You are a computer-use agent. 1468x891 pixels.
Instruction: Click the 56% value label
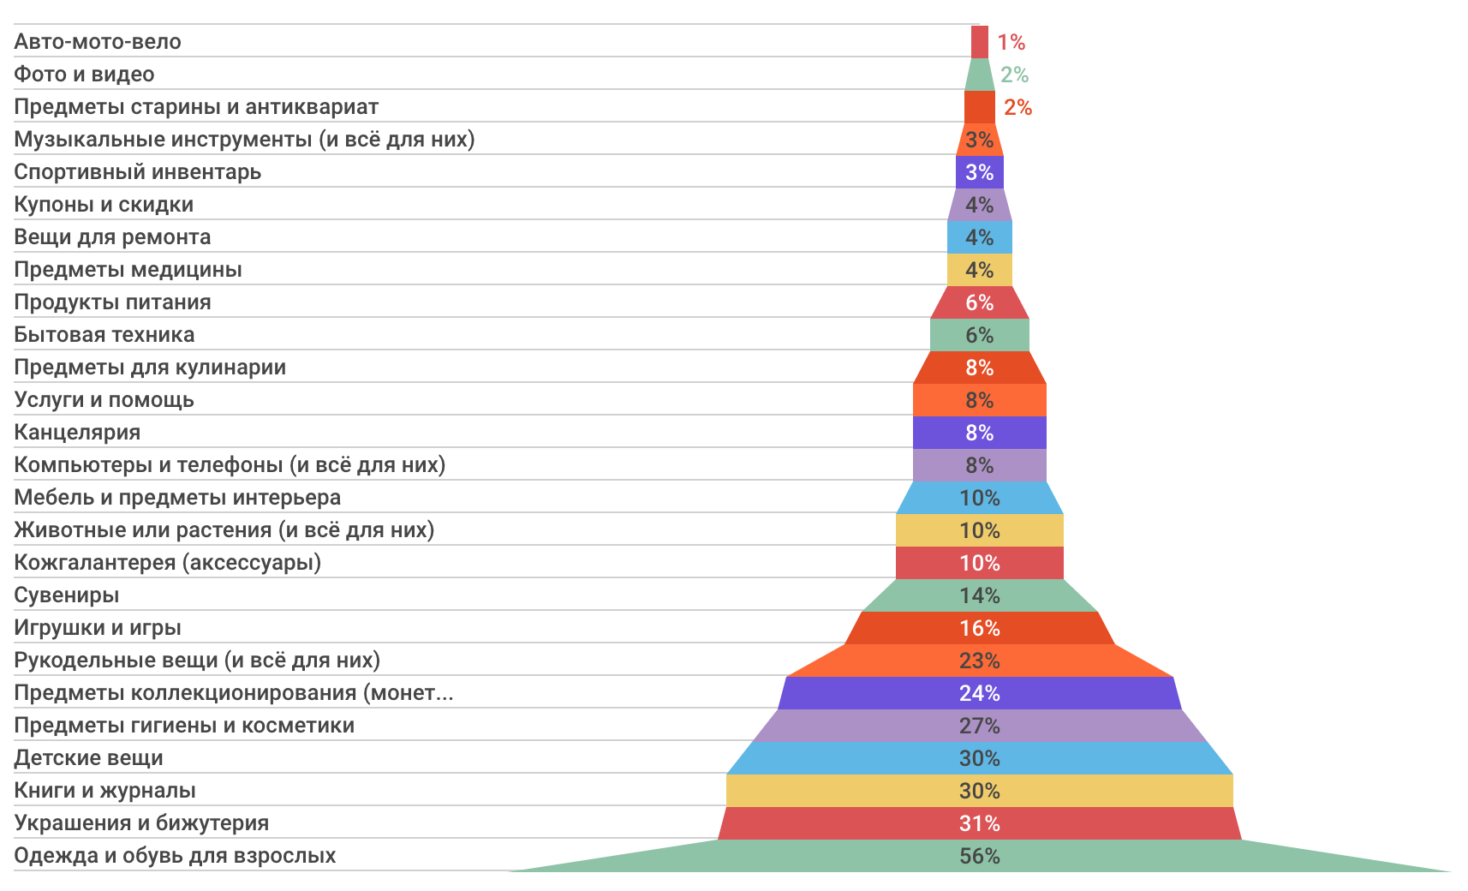[x=979, y=856]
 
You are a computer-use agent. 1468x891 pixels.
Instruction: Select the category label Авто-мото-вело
[x=98, y=42]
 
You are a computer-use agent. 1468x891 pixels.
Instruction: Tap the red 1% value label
[x=1011, y=42]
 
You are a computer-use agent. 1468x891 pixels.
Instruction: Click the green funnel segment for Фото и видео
[x=979, y=75]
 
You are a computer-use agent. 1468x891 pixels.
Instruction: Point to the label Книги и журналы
[x=104, y=791]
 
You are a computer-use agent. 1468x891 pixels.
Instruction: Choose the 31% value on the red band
[x=979, y=823]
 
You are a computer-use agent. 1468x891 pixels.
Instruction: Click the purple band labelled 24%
[x=979, y=693]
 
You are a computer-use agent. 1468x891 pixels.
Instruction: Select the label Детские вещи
[x=88, y=758]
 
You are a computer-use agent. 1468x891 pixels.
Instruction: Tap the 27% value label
[x=979, y=726]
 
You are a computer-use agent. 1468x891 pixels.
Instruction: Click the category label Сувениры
[x=66, y=595]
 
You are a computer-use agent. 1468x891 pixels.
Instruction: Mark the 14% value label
[x=979, y=595]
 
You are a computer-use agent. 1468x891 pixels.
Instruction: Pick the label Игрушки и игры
[x=98, y=628]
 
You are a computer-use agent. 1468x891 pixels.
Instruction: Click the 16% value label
[x=979, y=628]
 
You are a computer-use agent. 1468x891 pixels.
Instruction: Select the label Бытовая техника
[x=104, y=335]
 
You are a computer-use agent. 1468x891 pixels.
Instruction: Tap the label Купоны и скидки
[x=104, y=205]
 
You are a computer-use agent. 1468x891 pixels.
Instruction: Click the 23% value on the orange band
[x=979, y=661]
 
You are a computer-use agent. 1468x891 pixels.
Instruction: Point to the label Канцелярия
[x=77, y=433]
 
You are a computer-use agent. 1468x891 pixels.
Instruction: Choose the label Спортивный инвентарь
[x=137, y=172]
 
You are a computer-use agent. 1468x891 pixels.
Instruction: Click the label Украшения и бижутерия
[x=141, y=823]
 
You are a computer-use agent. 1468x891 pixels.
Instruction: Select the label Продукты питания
[x=112, y=302]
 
